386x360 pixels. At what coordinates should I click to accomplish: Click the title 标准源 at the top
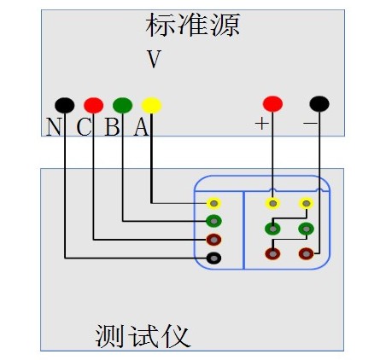pyautogui.click(x=193, y=25)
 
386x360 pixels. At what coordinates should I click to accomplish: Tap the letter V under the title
pyautogui.click(x=154, y=59)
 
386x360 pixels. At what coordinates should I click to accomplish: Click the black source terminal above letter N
pyautogui.click(x=65, y=105)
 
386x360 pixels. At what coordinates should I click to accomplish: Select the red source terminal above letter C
pyautogui.click(x=93, y=105)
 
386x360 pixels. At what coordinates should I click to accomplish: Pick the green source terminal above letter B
pyautogui.click(x=122, y=105)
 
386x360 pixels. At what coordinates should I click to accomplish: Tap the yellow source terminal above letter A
pyautogui.click(x=151, y=105)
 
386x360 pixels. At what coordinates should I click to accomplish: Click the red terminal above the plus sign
pyautogui.click(x=272, y=104)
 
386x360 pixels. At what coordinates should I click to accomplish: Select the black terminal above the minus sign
pyautogui.click(x=319, y=104)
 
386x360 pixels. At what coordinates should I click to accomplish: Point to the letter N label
pyautogui.click(x=54, y=127)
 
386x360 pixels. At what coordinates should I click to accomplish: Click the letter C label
pyautogui.click(x=84, y=127)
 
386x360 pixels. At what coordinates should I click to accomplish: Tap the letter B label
pyautogui.click(x=112, y=127)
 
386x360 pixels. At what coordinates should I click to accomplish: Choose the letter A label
pyautogui.click(x=142, y=127)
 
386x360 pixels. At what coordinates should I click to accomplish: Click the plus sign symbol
pyautogui.click(x=261, y=124)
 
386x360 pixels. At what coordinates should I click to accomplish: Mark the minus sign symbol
pyautogui.click(x=310, y=123)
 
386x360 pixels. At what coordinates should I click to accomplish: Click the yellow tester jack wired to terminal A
pyautogui.click(x=213, y=203)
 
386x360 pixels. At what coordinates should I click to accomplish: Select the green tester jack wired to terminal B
pyautogui.click(x=213, y=221)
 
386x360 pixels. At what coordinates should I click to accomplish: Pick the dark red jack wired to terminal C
pyautogui.click(x=213, y=240)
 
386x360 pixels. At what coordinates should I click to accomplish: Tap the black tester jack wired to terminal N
pyautogui.click(x=213, y=258)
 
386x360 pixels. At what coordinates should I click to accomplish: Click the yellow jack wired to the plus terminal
pyautogui.click(x=272, y=203)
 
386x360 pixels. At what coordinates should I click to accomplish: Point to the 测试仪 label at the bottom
pyautogui.click(x=143, y=336)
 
